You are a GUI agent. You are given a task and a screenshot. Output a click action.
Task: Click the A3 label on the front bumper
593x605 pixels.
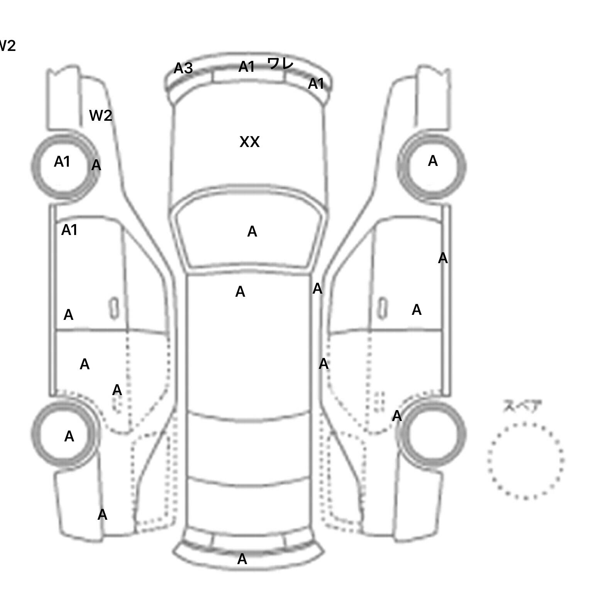point(183,68)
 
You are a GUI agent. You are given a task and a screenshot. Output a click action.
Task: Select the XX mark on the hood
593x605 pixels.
point(249,142)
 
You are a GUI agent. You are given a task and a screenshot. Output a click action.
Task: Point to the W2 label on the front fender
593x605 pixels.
point(100,115)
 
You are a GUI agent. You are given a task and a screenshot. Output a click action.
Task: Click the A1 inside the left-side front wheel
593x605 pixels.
point(62,162)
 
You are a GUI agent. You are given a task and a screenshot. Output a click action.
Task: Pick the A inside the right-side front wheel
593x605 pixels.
point(433,161)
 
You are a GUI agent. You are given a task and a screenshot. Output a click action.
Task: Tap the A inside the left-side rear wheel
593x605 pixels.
point(69,436)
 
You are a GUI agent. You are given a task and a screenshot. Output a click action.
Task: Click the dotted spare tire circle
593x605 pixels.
point(525,461)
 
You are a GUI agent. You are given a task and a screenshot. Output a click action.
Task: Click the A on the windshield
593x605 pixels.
point(252,232)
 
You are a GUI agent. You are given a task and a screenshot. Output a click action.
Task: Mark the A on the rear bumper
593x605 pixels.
point(242,559)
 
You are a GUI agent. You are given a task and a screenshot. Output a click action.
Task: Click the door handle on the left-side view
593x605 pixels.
point(114,308)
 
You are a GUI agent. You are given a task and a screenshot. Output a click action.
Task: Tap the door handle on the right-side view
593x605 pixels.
point(382,308)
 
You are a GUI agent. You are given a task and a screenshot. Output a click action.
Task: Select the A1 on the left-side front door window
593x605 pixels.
point(69,230)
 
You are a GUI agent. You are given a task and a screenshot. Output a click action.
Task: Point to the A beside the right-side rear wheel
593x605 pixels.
point(397,416)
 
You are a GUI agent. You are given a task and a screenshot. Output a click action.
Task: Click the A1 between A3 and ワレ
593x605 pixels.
point(247,67)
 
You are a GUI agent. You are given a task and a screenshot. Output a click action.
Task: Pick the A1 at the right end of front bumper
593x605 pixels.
point(316,84)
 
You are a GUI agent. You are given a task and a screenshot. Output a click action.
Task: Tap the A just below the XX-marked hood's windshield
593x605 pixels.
point(240,292)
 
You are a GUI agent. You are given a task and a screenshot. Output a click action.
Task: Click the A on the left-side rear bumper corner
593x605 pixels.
point(102,515)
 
